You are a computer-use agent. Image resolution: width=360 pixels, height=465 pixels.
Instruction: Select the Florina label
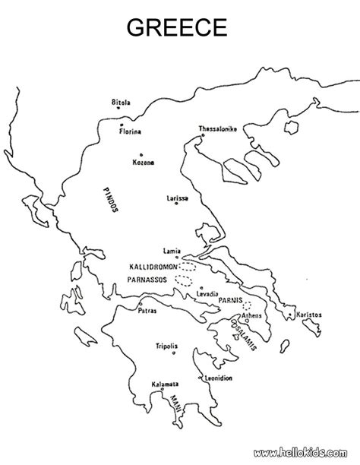tap(130, 132)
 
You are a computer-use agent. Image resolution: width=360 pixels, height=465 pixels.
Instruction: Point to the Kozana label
tap(143, 162)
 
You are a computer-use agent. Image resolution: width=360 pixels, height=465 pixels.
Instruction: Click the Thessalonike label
tap(218, 128)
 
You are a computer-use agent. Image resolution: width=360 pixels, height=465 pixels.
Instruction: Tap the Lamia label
tap(172, 250)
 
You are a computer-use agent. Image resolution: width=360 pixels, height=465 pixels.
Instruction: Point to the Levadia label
tap(208, 294)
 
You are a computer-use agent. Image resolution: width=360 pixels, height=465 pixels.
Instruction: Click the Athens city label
tap(251, 315)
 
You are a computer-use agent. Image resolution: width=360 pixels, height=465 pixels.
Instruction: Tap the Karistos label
tap(310, 315)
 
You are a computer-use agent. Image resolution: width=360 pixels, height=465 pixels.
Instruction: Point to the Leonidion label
tap(219, 378)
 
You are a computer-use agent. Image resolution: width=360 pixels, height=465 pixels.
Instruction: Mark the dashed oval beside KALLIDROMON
tap(187, 267)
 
